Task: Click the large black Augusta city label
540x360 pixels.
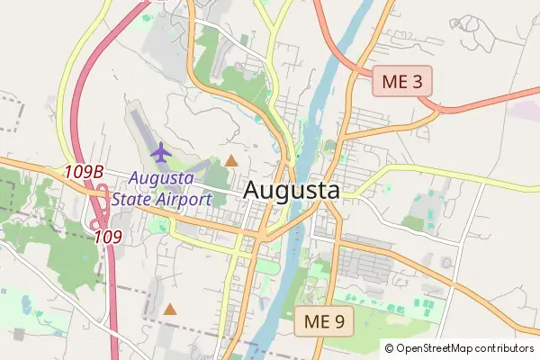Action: [x=292, y=191]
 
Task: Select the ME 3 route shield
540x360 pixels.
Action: [x=403, y=82]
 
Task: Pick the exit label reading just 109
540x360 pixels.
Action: [x=108, y=237]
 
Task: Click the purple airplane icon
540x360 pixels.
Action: [x=161, y=153]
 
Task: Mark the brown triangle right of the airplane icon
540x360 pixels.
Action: [x=231, y=161]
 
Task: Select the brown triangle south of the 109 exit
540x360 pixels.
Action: [x=169, y=310]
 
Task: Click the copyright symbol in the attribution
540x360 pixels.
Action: [x=389, y=348]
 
